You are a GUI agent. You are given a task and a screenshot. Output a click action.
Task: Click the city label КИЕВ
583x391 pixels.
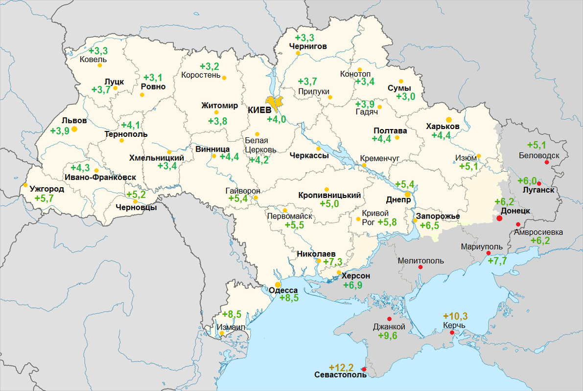tap(259, 110)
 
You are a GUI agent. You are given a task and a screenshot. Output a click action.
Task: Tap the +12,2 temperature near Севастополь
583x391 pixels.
tap(341, 367)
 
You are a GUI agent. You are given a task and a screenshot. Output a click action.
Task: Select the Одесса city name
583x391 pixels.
tap(283, 290)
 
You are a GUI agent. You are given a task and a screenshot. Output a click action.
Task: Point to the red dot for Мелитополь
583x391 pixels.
tap(420, 267)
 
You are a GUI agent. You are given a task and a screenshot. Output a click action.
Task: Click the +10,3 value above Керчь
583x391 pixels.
tap(455, 316)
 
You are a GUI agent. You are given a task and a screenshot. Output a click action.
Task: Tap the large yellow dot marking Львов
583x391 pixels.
tap(74, 129)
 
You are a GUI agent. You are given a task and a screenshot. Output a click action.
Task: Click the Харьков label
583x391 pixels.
tap(443, 126)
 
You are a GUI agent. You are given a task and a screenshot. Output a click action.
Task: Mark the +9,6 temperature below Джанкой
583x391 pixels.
tap(387, 336)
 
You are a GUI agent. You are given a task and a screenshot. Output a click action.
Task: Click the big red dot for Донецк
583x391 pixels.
tap(499, 218)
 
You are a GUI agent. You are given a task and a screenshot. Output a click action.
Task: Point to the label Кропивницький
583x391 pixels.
tap(329, 195)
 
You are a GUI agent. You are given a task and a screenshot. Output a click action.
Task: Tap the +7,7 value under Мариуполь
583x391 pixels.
tap(497, 261)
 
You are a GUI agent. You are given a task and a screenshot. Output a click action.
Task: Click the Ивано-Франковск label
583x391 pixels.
tap(100, 177)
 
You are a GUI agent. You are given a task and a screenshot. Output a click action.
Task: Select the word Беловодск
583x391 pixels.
tap(539, 155)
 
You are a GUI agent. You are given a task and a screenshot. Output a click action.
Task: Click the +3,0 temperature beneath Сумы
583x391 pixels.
tap(405, 97)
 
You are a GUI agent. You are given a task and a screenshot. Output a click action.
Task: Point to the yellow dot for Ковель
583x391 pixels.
tap(99, 65)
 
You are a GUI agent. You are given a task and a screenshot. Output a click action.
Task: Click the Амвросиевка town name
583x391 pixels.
tap(538, 232)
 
